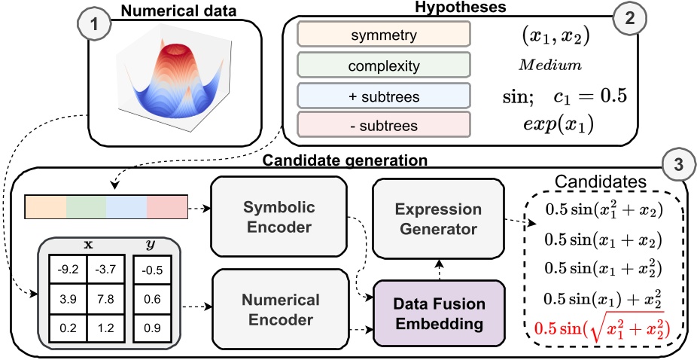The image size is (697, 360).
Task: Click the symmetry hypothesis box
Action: (384, 35)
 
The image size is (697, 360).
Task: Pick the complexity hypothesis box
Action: (384, 66)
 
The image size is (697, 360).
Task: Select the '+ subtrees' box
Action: (384, 95)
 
